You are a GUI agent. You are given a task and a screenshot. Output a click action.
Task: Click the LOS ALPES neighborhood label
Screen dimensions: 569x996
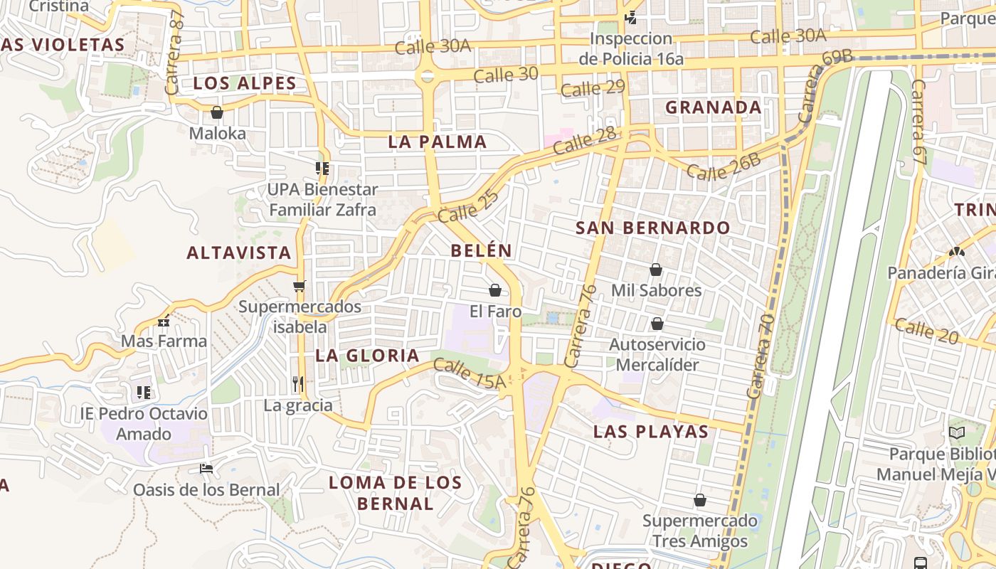click(245, 83)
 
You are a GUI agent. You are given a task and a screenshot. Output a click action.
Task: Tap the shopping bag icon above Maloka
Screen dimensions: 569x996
click(217, 112)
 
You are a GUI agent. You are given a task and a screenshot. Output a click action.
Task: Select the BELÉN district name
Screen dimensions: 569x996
click(481, 250)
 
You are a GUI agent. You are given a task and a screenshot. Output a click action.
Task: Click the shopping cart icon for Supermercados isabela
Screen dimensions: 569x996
click(300, 286)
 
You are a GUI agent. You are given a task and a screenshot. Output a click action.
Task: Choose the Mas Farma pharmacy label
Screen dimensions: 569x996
click(164, 341)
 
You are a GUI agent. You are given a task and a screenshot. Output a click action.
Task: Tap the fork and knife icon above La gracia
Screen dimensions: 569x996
click(298, 384)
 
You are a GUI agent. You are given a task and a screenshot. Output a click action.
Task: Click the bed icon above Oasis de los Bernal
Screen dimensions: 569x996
click(206, 468)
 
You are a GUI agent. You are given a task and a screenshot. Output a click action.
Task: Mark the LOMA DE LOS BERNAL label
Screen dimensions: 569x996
click(395, 493)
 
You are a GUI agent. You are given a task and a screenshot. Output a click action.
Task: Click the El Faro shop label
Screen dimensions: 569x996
click(495, 312)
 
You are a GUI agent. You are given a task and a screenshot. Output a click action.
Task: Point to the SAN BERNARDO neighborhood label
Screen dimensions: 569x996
click(652, 228)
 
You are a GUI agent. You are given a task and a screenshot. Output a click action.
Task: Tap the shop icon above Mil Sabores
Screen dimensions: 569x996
click(655, 270)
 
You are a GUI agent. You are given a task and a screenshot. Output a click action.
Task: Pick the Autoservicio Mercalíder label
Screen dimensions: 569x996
click(657, 354)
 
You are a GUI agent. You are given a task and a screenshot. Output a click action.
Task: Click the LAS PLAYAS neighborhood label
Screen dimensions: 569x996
click(651, 432)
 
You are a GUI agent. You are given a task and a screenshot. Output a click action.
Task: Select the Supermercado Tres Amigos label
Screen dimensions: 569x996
click(700, 531)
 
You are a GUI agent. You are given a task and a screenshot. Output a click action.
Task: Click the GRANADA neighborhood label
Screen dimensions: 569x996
click(713, 107)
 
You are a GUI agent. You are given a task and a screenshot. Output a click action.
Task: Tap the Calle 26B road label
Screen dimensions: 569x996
click(724, 167)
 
